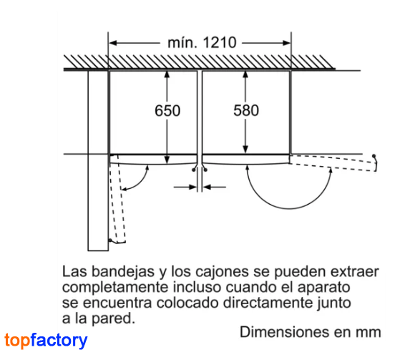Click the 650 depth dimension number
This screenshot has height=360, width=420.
(x=167, y=111)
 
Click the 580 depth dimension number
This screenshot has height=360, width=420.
(x=246, y=110)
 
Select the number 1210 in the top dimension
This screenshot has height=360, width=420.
(x=220, y=43)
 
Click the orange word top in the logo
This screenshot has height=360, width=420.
(x=17, y=341)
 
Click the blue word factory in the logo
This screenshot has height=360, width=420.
(x=59, y=340)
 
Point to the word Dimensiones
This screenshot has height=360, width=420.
(x=285, y=332)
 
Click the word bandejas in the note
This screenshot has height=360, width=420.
(x=123, y=271)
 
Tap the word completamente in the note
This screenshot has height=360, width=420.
(x=116, y=288)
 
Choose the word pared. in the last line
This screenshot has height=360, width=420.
(x=113, y=318)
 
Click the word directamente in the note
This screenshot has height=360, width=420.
(x=268, y=303)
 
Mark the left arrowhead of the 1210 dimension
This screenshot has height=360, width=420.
(x=113, y=43)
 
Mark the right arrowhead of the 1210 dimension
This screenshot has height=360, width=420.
(x=286, y=43)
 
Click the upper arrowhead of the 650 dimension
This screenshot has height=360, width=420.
(x=167, y=74)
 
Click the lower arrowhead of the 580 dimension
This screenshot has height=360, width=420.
(x=245, y=150)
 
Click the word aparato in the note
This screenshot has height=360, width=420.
(x=324, y=288)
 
